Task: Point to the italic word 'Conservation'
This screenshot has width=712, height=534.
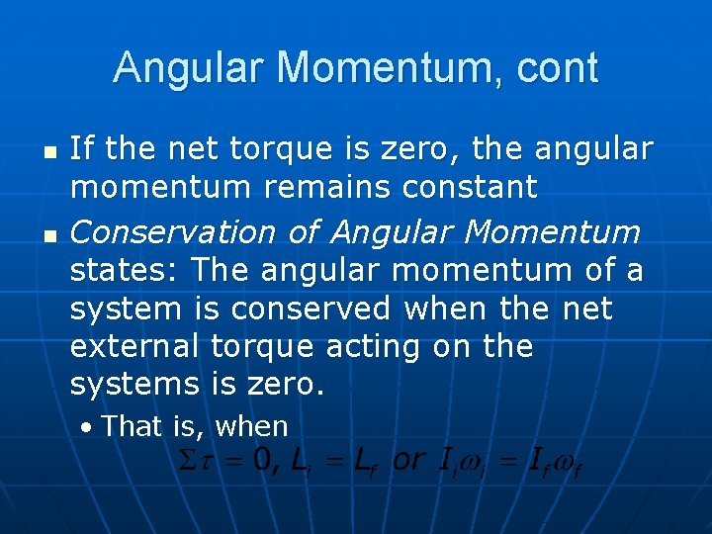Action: point(173,232)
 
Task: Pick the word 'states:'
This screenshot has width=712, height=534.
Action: point(126,269)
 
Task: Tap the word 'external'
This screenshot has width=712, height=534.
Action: point(133,347)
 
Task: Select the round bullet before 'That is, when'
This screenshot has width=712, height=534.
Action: point(88,428)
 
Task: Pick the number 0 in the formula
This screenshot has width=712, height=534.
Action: point(261,460)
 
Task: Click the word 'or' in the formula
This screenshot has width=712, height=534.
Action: point(408,460)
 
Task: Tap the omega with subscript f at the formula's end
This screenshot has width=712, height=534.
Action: point(567,462)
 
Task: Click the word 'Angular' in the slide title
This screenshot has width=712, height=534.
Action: point(191,68)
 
